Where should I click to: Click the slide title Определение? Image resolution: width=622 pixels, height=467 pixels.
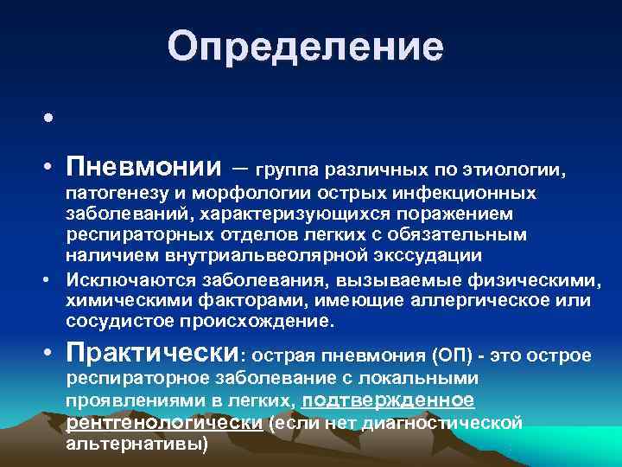(305, 46)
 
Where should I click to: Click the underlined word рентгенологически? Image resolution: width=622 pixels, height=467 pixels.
(164, 423)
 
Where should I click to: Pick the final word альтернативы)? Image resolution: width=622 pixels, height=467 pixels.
(137, 444)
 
